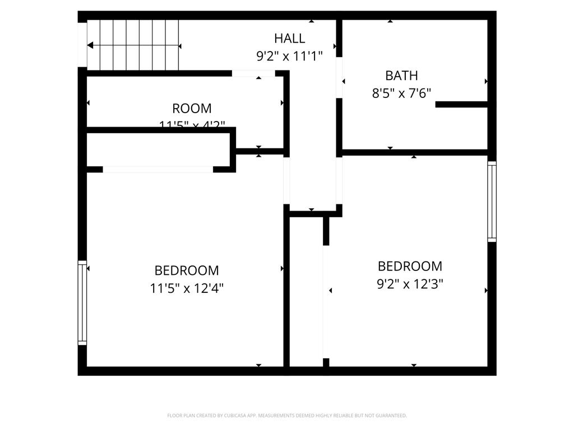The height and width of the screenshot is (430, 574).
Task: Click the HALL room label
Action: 289,38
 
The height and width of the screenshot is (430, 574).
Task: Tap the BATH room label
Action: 401,75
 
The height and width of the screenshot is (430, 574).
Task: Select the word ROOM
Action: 192,108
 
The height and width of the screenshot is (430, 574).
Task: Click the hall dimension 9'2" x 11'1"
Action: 289,56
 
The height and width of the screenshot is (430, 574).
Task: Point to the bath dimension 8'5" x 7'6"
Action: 401,93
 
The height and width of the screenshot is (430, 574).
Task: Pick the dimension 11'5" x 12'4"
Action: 187,288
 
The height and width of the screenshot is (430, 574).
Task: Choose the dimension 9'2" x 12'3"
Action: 410,284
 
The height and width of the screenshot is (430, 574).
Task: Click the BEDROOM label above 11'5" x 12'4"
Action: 187,270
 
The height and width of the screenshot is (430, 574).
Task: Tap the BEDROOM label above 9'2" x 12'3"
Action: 410,266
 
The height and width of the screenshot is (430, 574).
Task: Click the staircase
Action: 133,45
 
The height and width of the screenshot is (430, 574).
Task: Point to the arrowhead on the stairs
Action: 90,45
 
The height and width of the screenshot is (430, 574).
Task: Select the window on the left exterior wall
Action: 82,302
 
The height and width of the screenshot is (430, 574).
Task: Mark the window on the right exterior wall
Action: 492,202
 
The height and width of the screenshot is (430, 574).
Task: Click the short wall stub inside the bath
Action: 461,104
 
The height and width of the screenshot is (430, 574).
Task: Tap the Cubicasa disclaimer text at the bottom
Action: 287,415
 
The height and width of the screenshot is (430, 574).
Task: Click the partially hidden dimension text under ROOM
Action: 192,124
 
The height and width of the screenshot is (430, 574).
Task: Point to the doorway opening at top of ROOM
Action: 253,73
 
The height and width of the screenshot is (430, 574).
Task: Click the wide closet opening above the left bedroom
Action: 158,169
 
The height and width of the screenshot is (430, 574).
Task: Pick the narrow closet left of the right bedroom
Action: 306,291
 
